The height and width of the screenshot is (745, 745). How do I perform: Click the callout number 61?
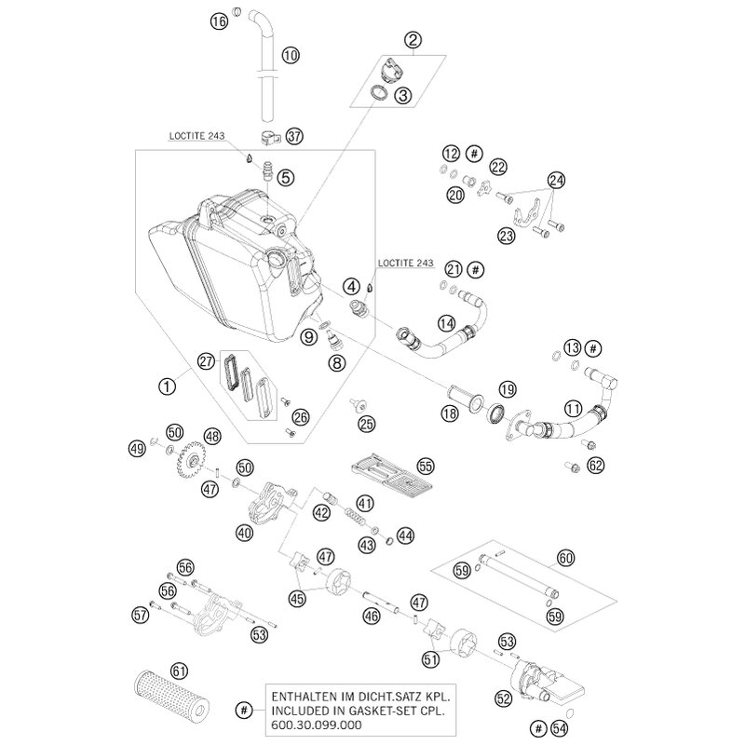coord(179,671)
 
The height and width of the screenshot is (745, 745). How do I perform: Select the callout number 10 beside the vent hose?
coord(291,55)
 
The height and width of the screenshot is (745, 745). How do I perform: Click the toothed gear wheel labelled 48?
coord(194,458)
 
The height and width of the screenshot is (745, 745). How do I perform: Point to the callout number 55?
coord(426,467)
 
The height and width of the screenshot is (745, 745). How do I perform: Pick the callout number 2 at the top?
coord(413,40)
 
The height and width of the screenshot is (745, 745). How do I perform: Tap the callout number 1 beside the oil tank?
coord(167,386)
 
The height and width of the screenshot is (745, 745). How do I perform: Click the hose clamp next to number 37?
coord(270,139)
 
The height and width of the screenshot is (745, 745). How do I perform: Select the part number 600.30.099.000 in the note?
coord(317,725)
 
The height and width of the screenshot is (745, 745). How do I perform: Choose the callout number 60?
coord(565,558)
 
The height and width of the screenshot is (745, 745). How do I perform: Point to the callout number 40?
coord(244,533)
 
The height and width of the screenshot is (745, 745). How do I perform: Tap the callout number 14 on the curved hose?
coord(446,323)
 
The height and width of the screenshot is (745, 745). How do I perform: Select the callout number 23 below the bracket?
coord(506,236)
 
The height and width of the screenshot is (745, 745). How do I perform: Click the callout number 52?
coord(503,698)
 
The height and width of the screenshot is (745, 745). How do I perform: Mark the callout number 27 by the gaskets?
coord(207,361)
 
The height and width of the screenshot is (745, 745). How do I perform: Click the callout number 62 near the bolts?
coord(595,465)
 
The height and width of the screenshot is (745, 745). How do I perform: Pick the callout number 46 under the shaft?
coord(371,616)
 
